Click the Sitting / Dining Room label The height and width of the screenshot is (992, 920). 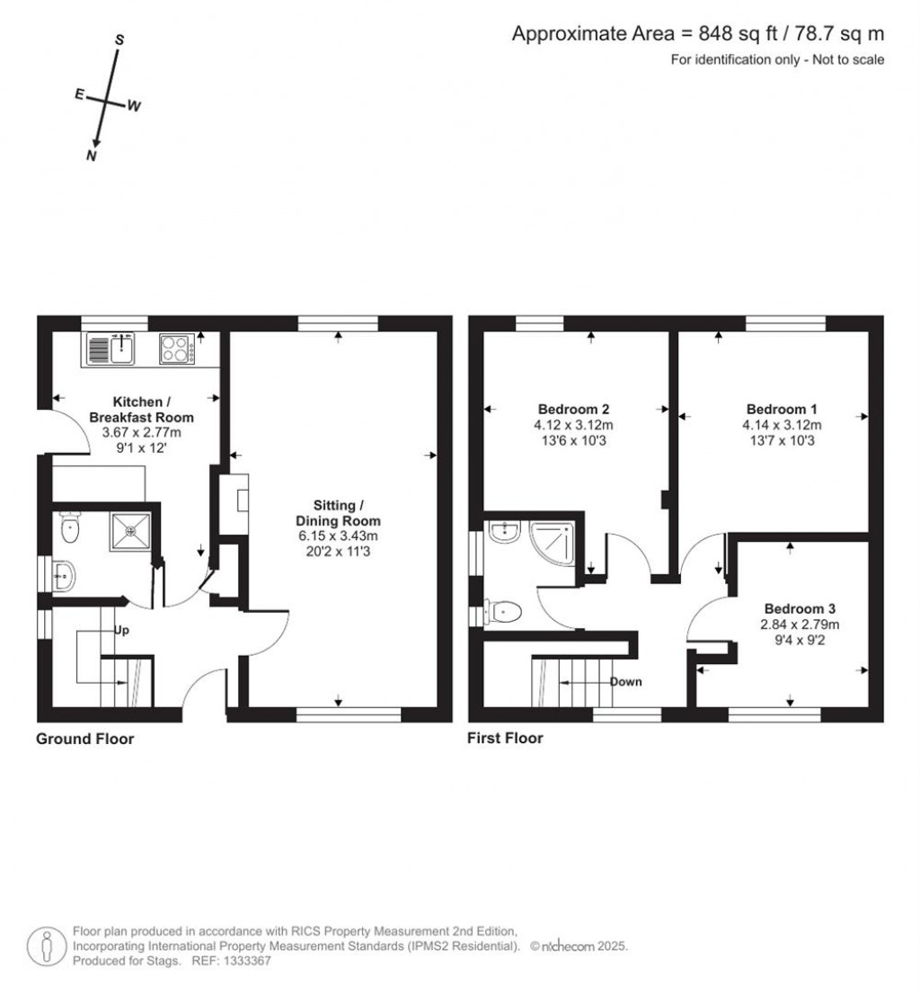339,512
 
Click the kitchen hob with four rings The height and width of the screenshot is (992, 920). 177,349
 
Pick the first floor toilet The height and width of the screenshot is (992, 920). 504,613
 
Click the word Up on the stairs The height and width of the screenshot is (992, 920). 121,630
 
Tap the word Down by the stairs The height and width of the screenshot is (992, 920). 625,682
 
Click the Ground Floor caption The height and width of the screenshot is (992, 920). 84,740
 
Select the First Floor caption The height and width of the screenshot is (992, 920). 505,740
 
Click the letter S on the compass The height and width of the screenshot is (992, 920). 119,40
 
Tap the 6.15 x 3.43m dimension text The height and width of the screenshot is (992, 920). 339,536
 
